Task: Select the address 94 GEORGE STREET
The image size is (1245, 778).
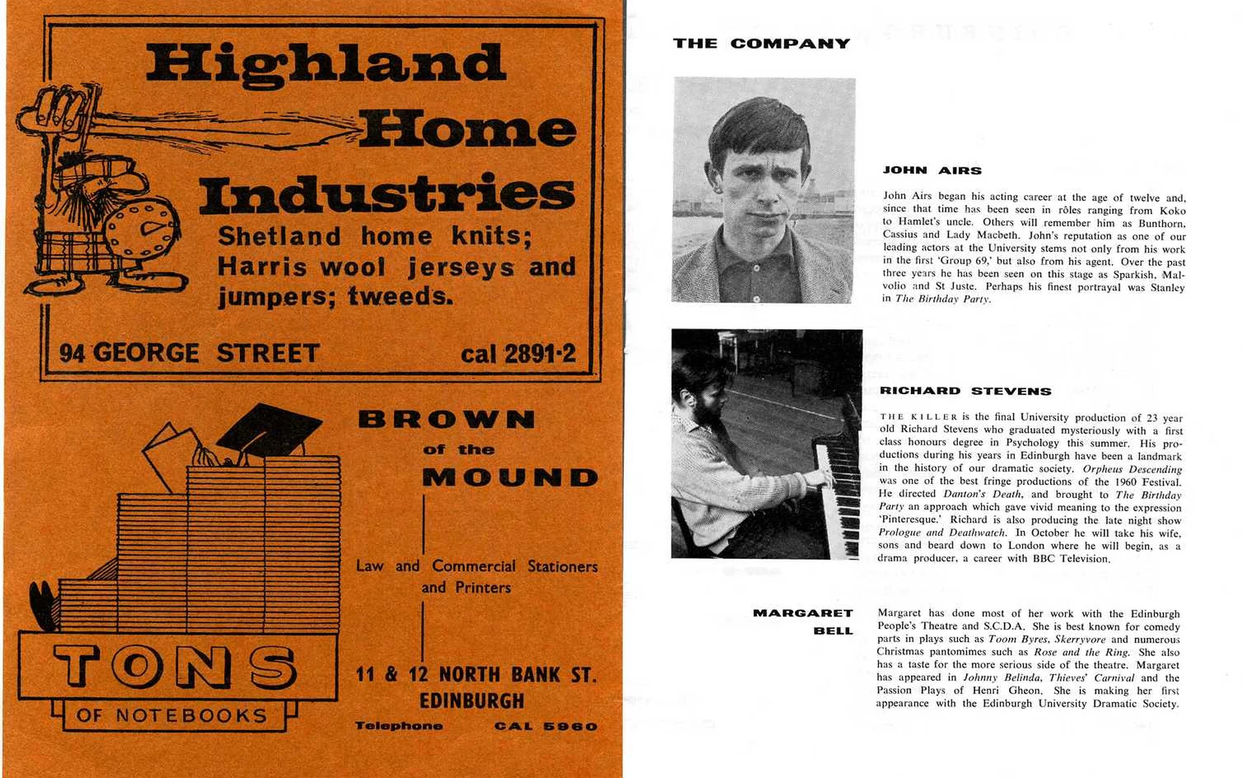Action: click(189, 353)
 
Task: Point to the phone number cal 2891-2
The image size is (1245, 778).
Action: click(517, 354)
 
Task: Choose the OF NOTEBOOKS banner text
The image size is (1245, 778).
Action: click(172, 716)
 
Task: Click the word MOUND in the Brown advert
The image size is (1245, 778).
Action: click(510, 478)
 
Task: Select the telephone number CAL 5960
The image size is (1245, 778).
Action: click(545, 726)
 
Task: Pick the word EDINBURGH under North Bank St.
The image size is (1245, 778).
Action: click(471, 701)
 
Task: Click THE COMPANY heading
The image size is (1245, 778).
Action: click(761, 43)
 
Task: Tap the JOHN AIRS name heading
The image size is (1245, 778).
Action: click(932, 171)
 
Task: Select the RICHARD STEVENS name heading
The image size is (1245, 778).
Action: click(966, 391)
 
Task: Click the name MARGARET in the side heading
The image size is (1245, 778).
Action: click(803, 613)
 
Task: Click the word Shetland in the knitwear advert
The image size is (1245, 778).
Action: click(279, 236)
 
